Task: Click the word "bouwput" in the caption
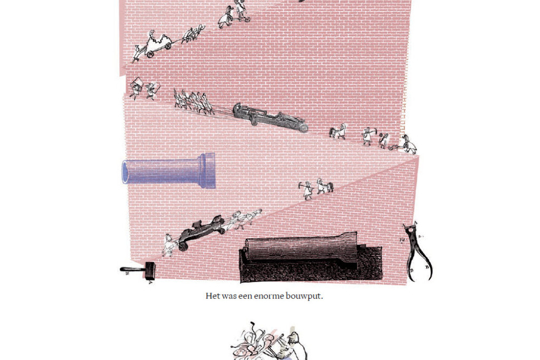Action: [x=304, y=296]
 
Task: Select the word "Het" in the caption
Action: [x=213, y=296]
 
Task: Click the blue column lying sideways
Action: [x=169, y=170]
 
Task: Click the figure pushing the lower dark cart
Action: [x=169, y=245]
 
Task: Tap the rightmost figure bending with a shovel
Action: [x=408, y=144]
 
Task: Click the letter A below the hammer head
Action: [x=150, y=283]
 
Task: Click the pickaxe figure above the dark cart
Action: [x=306, y=190]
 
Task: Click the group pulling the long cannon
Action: [x=193, y=102]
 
